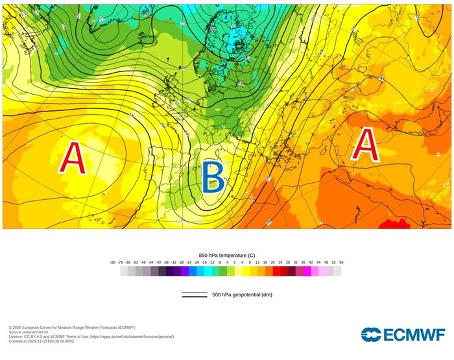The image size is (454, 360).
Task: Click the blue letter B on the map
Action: [x=213, y=177]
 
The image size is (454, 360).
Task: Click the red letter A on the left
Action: [x=74, y=158]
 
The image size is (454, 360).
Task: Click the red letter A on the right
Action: [x=365, y=145]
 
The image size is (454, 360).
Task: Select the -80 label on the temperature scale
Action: [x=113, y=262]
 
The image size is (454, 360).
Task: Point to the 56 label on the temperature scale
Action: [x=340, y=262]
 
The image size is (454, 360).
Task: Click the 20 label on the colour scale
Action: [x=272, y=262]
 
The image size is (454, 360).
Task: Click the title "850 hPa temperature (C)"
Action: [x=226, y=256]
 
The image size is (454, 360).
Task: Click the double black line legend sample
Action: [x=195, y=295]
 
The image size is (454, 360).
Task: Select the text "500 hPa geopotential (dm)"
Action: [x=241, y=295]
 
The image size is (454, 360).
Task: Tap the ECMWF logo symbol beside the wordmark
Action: [x=372, y=335]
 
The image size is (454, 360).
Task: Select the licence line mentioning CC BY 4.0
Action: [x=91, y=337]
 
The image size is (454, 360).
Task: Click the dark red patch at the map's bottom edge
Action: [x=394, y=224]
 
